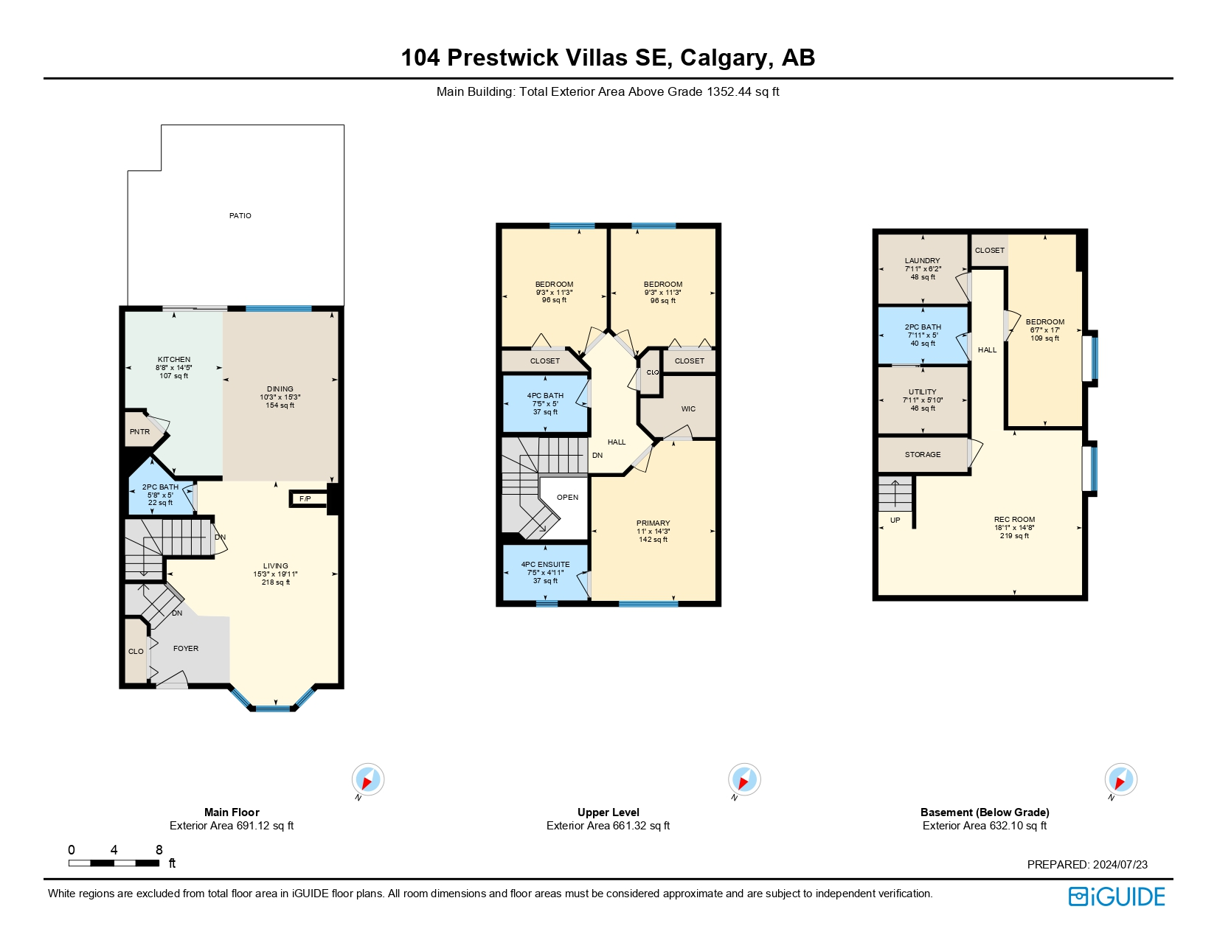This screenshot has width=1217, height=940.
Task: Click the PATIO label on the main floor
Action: [x=240, y=215]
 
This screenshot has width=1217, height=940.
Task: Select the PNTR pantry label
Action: [x=139, y=431]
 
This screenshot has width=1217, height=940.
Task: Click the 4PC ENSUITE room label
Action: [x=545, y=564]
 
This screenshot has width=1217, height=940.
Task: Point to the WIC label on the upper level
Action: [x=688, y=408]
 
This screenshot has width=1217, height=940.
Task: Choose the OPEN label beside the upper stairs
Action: [x=567, y=497]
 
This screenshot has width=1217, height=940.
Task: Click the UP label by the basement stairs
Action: [x=895, y=520]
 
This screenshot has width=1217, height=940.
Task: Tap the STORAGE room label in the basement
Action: [x=923, y=455]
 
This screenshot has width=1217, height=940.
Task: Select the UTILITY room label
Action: [x=923, y=392]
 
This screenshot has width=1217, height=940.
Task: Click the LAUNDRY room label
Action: [x=923, y=260]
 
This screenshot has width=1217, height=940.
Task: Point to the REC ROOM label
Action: [x=1014, y=520]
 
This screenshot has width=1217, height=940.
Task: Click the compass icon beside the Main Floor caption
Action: [x=368, y=779]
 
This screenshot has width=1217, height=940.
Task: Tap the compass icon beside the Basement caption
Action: [x=1120, y=779]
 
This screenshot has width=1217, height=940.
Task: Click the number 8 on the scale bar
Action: [x=159, y=850]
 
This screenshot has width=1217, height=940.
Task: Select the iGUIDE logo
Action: [x=1117, y=897]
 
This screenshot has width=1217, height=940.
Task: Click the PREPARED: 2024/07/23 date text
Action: [x=1087, y=864]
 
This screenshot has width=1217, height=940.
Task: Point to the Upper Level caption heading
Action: [x=608, y=812]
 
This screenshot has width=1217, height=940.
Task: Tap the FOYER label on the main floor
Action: [x=186, y=648]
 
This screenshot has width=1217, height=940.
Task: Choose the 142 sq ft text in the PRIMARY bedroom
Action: [x=653, y=540]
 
